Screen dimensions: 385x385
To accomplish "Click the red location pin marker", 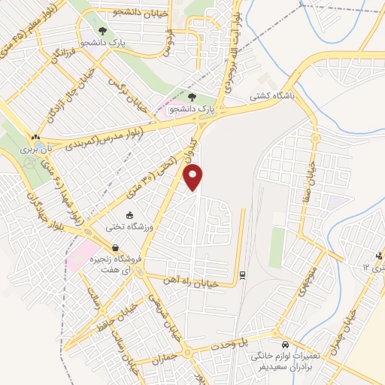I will [x=195, y=177].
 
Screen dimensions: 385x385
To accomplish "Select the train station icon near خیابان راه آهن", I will [x=242, y=274].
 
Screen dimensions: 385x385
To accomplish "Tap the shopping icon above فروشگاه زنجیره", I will [x=115, y=247].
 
